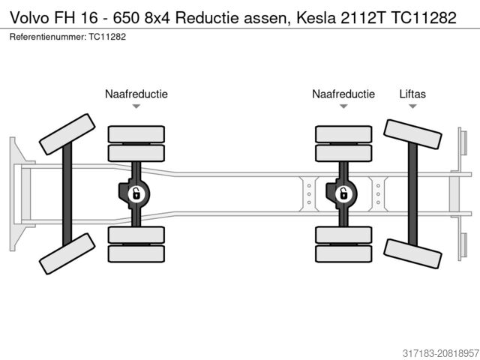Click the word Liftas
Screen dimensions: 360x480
(x=412, y=94)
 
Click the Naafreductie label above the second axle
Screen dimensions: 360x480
(x=136, y=94)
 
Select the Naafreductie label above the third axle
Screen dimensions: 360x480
(x=343, y=94)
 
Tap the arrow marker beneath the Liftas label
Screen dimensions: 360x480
(x=412, y=106)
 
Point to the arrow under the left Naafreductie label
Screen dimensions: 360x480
(x=136, y=106)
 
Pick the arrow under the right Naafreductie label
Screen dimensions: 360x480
(x=343, y=106)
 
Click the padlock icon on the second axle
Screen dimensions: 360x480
(x=137, y=195)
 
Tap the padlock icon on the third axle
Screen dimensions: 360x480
(x=343, y=195)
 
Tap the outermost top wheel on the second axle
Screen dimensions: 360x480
(x=136, y=134)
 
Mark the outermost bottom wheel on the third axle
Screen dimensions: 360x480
(x=343, y=253)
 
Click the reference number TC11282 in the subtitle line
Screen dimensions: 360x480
(x=106, y=37)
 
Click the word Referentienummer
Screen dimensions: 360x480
(x=46, y=37)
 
